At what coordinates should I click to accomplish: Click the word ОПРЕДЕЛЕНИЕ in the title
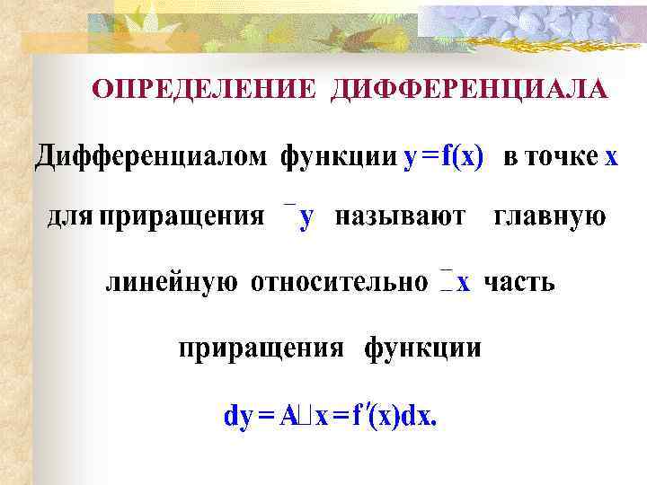(205, 89)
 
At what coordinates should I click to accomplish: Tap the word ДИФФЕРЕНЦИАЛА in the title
(469, 89)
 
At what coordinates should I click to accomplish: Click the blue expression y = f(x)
(444, 157)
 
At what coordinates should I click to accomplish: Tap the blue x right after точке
(611, 157)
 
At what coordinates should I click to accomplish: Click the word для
(69, 217)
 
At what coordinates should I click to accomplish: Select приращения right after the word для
(182, 218)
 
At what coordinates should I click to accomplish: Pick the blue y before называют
(306, 218)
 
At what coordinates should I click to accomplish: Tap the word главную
(551, 217)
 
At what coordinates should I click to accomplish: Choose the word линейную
(172, 283)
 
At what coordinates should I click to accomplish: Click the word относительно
(340, 283)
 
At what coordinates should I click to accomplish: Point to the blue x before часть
(463, 283)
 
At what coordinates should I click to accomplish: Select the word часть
(519, 283)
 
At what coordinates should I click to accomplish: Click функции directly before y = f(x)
(338, 157)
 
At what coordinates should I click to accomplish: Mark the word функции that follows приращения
(422, 348)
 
